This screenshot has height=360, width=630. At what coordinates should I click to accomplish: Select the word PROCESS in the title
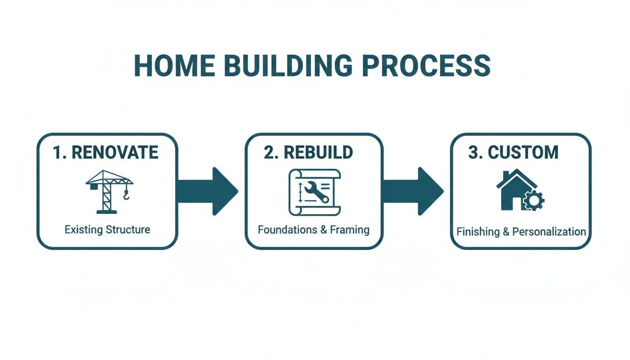427,66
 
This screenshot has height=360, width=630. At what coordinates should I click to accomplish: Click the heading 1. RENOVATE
105,152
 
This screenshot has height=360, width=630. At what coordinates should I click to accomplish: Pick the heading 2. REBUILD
308,152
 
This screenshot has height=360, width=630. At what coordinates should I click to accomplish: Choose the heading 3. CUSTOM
513,152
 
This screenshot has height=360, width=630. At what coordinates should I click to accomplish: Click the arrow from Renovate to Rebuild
209,191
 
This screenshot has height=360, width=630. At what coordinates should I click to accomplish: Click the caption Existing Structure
107,230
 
